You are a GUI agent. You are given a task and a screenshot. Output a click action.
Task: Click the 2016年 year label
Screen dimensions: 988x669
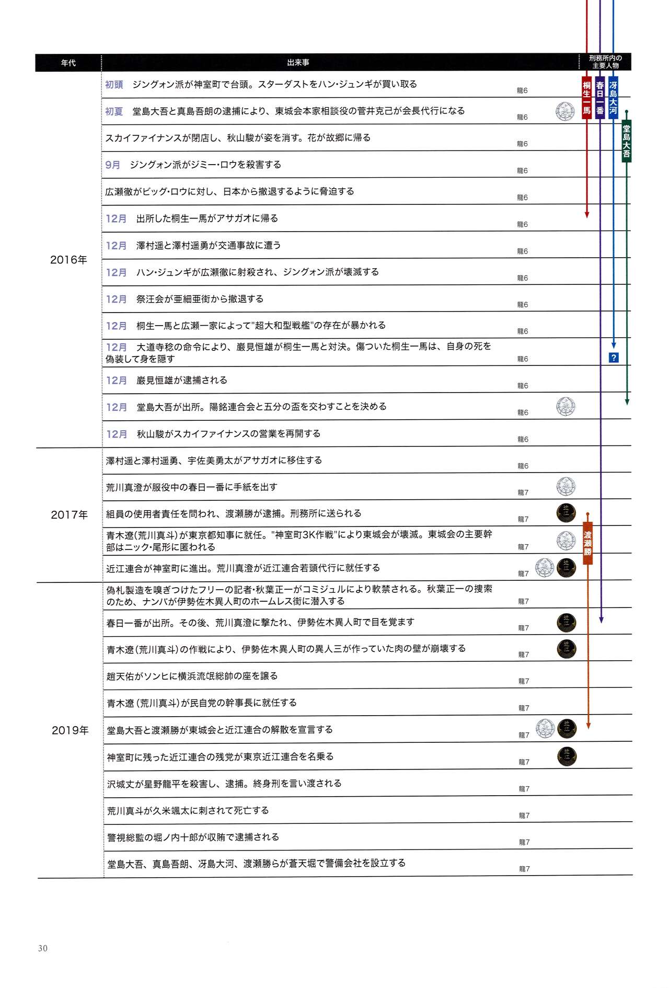pos(68,260)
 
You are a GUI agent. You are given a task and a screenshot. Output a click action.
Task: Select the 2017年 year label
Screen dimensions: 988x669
pos(69,515)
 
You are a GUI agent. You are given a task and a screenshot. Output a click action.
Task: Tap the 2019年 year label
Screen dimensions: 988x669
pos(70,730)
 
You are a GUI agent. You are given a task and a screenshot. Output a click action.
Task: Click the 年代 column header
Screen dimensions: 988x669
pos(68,63)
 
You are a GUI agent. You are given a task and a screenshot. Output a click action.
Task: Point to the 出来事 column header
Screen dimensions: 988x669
pos(298,63)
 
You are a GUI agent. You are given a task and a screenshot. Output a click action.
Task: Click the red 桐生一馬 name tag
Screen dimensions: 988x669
pos(587,98)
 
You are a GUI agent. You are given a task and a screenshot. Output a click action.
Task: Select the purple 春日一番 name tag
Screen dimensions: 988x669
pos(600,98)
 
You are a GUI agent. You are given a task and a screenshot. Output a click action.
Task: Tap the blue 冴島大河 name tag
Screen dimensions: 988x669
pos(613,98)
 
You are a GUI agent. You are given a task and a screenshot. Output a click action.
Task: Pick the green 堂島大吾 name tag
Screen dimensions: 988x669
pos(626,141)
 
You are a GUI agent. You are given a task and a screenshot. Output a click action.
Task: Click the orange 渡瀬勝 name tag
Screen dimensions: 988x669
pos(587,544)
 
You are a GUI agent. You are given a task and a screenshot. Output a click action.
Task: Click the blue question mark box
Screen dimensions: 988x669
pos(614,358)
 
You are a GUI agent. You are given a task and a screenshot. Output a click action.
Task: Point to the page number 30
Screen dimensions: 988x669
pos(43,948)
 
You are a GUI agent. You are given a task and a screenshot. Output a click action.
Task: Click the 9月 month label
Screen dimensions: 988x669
pos(113,165)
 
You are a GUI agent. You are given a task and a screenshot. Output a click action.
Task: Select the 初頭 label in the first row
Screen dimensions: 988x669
pos(114,85)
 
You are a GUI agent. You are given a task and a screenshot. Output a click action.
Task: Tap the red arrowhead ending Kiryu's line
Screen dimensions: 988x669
pos(587,215)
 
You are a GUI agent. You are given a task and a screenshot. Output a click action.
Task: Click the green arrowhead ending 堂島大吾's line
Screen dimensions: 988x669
pos(627,401)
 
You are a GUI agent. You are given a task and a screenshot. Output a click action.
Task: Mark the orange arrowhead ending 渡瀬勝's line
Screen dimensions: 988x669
pos(588,726)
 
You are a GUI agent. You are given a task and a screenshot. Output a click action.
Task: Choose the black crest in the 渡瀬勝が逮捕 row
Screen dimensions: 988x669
pos(566,513)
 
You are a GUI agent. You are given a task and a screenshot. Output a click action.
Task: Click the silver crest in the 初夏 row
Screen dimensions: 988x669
pos(565,111)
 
